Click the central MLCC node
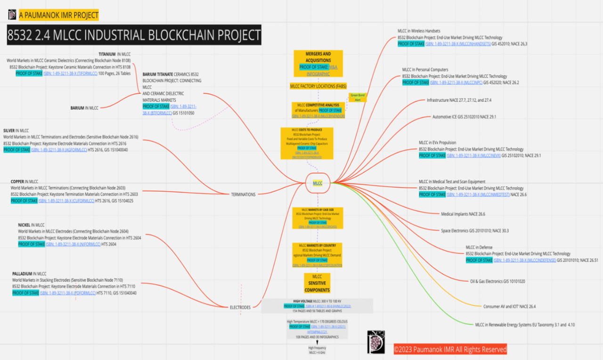click(x=318, y=183)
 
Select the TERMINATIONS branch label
click(x=243, y=194)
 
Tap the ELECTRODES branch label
click(x=240, y=307)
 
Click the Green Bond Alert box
click(x=357, y=98)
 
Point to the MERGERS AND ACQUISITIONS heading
click(x=318, y=57)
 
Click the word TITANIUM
click(x=107, y=54)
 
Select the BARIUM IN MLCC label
click(x=84, y=108)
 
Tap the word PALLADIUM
click(x=22, y=273)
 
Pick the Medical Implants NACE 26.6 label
click(x=463, y=214)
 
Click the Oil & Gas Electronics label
click(x=497, y=281)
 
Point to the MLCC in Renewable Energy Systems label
click(x=524, y=325)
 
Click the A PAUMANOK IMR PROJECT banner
click(x=58, y=15)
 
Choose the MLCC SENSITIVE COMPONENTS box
click(x=317, y=283)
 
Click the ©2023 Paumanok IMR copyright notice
click(x=450, y=349)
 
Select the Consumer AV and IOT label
click(x=509, y=306)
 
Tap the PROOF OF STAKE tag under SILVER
click(x=16, y=150)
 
